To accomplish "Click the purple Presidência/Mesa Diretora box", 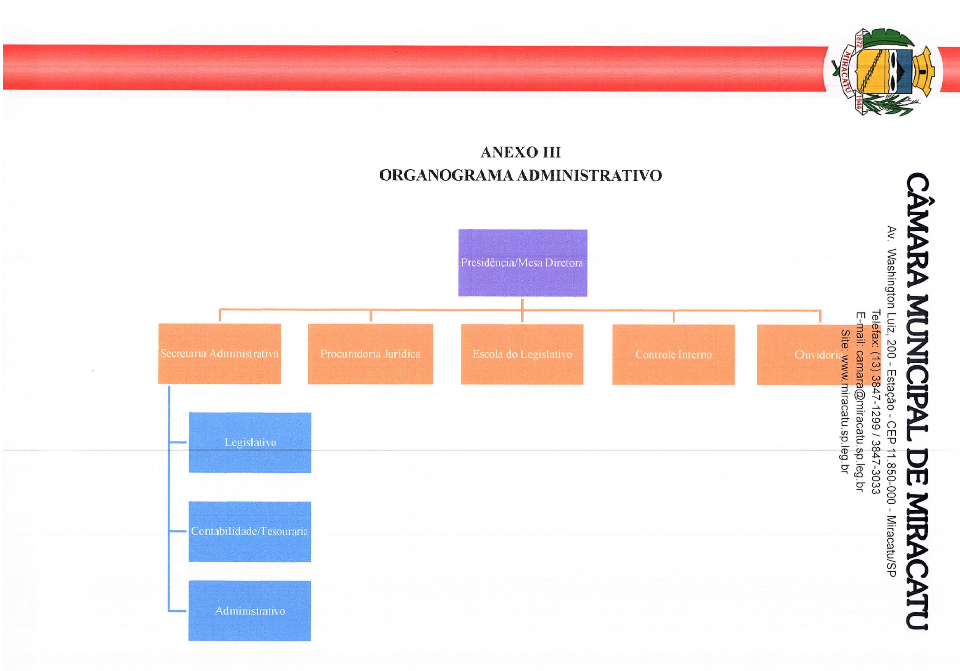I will (x=523, y=263).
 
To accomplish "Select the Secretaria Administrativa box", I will (x=220, y=354).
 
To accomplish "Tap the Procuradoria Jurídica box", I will (x=370, y=354).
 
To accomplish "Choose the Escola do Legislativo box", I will (x=522, y=354).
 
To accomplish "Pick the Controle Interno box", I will (x=674, y=355).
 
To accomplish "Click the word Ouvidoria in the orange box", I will (x=817, y=355).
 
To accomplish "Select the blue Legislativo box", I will (x=250, y=443).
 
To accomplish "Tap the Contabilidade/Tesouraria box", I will (x=250, y=531).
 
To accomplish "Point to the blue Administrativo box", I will (x=250, y=611).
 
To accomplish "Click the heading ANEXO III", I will (x=520, y=152).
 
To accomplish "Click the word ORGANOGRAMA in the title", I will (x=447, y=176).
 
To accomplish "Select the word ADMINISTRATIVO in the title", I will (x=590, y=176).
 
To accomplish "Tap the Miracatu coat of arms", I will (x=882, y=72).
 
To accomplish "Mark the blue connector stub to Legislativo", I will (x=178, y=442).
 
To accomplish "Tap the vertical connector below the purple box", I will (x=522, y=310).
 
